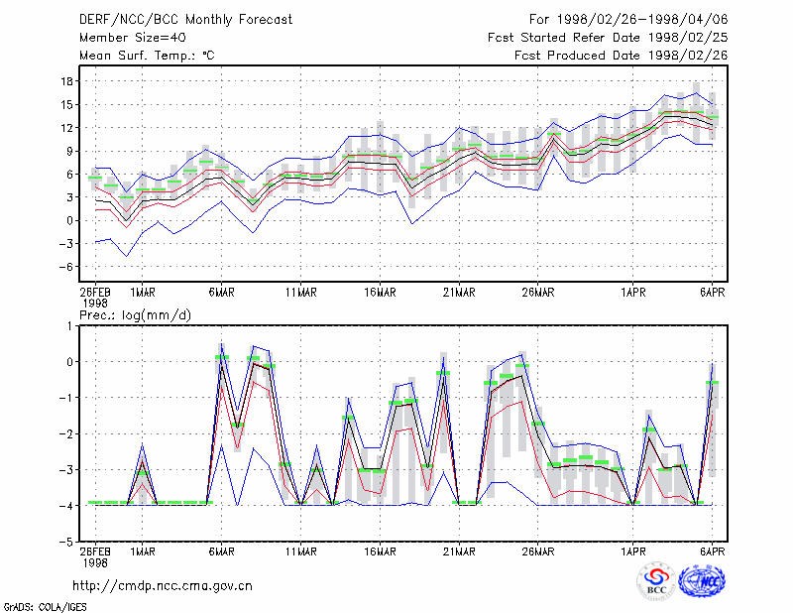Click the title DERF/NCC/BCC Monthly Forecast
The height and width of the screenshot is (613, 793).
pos(185,20)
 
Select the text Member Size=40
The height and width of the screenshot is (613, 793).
pos(133,38)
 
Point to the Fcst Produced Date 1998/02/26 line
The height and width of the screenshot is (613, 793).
pos(622,56)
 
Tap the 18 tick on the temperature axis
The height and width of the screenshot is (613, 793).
pos(67,81)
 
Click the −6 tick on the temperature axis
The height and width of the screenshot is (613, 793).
pos(65,267)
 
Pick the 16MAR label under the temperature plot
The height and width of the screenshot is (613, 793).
pos(380,293)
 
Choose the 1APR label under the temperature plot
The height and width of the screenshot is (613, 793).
pos(633,293)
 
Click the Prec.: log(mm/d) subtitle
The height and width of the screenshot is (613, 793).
pos(135,315)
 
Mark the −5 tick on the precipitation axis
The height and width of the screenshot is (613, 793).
pos(65,542)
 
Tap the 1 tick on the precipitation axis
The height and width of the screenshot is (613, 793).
pos(69,325)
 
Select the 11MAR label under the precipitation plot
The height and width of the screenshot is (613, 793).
pos(301,552)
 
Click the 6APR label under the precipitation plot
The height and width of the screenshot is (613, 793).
pos(712,552)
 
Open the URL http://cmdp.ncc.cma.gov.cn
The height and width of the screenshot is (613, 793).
pos(163,586)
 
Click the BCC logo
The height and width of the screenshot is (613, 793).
pos(656,581)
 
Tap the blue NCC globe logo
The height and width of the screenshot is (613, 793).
pos(702,581)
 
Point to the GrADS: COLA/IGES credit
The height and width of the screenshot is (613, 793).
pos(46,607)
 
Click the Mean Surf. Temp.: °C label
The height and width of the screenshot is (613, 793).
pos(147,56)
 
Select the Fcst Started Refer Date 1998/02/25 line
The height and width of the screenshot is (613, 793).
pos(608,38)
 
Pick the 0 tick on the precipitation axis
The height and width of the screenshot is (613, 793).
pos(69,362)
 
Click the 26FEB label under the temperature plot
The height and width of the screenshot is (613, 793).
pos(95,293)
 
